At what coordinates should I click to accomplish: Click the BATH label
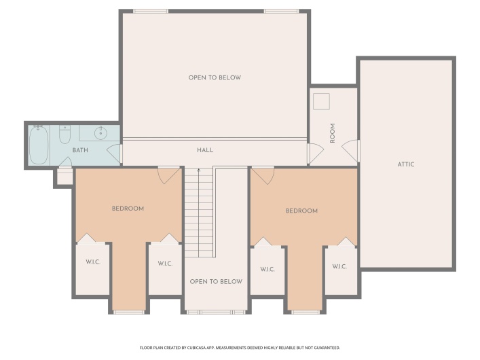tap(80, 150)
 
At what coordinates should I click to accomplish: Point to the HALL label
tap(205, 149)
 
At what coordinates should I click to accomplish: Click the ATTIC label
tap(406, 164)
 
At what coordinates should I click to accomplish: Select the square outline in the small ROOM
tap(320, 100)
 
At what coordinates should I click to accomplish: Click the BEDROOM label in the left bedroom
tap(128, 209)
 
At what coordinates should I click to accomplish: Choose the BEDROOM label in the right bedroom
tap(301, 211)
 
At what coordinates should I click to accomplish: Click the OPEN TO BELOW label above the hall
tap(215, 77)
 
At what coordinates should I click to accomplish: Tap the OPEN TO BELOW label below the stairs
tap(216, 281)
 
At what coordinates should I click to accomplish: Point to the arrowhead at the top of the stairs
tap(199, 171)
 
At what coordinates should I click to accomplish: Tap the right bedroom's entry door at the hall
tap(263, 175)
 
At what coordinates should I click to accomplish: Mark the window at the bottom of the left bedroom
tap(128, 312)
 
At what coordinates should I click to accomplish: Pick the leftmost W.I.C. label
tap(92, 262)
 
